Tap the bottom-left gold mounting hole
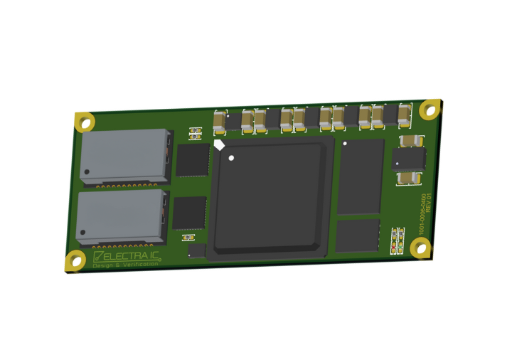coord(75,260)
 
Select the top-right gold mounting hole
coord(430,109)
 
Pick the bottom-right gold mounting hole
coord(420,248)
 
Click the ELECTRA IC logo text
coord(129,255)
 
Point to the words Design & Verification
coord(125,265)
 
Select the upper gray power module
coord(125,156)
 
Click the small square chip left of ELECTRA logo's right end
coord(197,250)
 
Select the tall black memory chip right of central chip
coord(360,176)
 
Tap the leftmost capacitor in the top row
coord(220,122)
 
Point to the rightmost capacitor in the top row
coord(404,115)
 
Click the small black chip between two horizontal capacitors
coord(409,159)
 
